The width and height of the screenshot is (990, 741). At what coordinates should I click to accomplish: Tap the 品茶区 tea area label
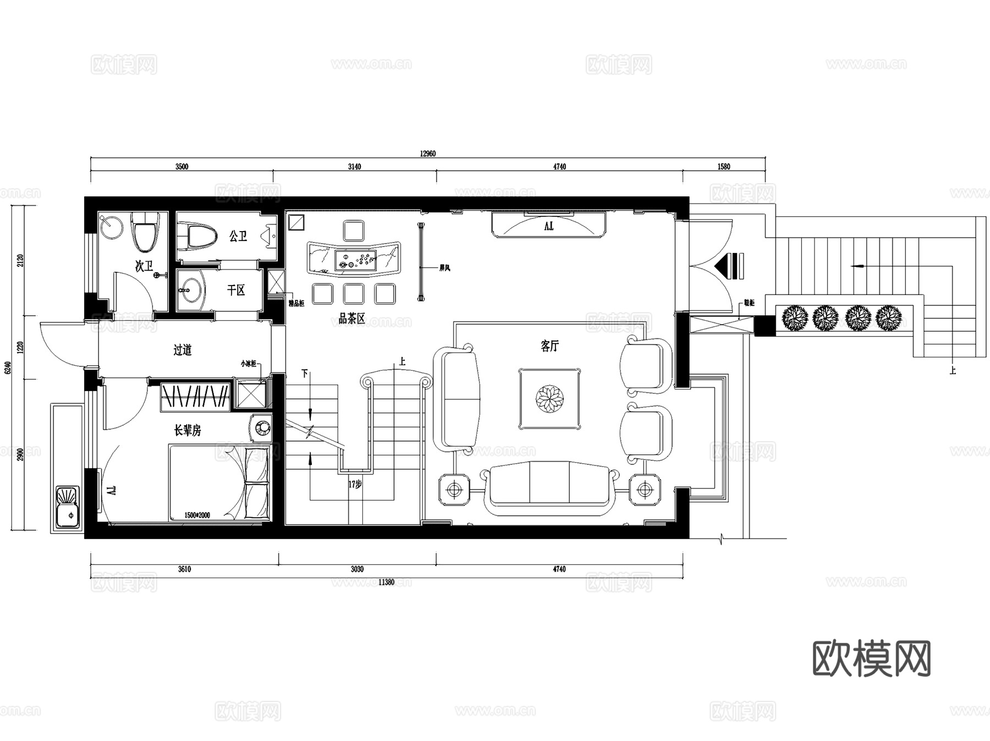pos(351,319)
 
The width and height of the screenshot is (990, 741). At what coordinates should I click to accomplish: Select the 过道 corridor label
pos(183,350)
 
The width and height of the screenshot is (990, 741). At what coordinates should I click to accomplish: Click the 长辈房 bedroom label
pos(188,430)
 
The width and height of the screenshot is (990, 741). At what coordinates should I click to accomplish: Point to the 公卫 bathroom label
pos(238,237)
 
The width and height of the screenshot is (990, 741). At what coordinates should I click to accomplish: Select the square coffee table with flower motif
pos(549,398)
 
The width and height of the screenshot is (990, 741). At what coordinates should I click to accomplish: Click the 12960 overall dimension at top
pos(427,153)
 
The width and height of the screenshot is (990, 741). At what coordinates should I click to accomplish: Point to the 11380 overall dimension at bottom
pos(387,582)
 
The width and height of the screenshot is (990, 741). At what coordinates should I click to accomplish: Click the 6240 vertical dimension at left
pos(8,367)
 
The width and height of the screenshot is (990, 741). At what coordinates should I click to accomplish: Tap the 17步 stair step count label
pos(355,485)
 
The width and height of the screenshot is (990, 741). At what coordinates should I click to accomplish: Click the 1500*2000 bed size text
pos(197,515)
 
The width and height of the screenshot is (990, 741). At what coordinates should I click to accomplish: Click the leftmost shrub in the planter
pos(794,318)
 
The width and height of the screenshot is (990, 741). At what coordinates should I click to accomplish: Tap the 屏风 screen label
pos(444,268)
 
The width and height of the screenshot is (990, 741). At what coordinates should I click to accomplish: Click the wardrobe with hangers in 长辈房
pos(195,396)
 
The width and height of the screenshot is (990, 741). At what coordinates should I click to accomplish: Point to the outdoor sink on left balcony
pos(68,506)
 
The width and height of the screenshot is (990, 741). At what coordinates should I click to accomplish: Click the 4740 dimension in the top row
pos(559,167)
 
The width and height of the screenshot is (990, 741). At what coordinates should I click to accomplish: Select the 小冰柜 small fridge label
pos(248,364)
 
